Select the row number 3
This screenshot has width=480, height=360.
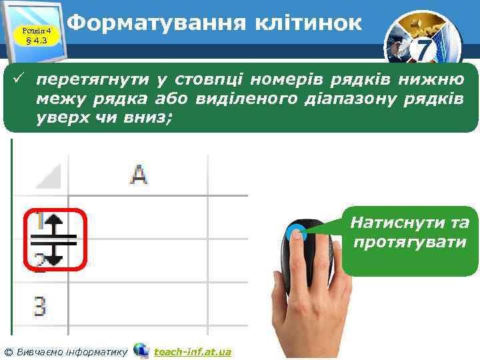[39, 307]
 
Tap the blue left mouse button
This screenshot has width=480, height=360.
[297, 233]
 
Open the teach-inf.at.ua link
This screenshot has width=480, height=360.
[192, 351]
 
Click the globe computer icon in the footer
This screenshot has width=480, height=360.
[141, 350]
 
